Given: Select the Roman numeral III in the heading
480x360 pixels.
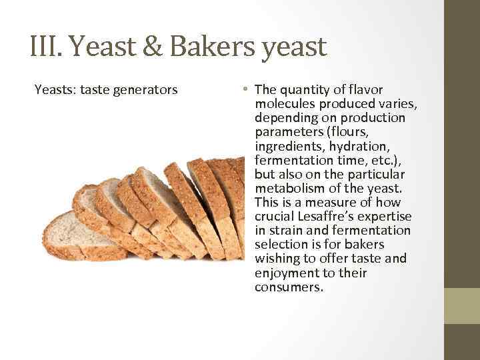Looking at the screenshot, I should [x=45, y=47].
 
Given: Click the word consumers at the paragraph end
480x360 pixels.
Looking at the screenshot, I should [x=288, y=287].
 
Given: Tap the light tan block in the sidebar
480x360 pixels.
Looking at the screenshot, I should [x=462, y=306].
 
